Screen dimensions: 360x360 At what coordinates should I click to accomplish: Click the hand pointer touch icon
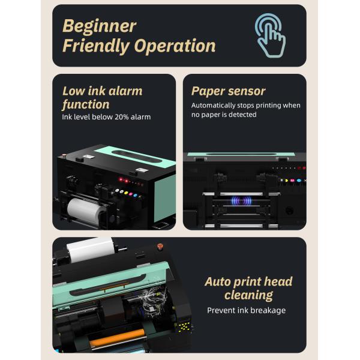coord(271,35)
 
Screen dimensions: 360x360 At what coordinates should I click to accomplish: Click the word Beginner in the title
coord(99,26)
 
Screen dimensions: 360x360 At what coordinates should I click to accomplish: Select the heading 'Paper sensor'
coord(228,91)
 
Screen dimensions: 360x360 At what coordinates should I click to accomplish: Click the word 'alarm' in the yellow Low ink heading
coord(125,91)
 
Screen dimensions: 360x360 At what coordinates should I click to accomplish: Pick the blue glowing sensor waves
coord(244,202)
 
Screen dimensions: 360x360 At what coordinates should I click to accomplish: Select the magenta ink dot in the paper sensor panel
coord(292,179)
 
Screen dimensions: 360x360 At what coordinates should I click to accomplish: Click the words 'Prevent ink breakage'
coord(246,310)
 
